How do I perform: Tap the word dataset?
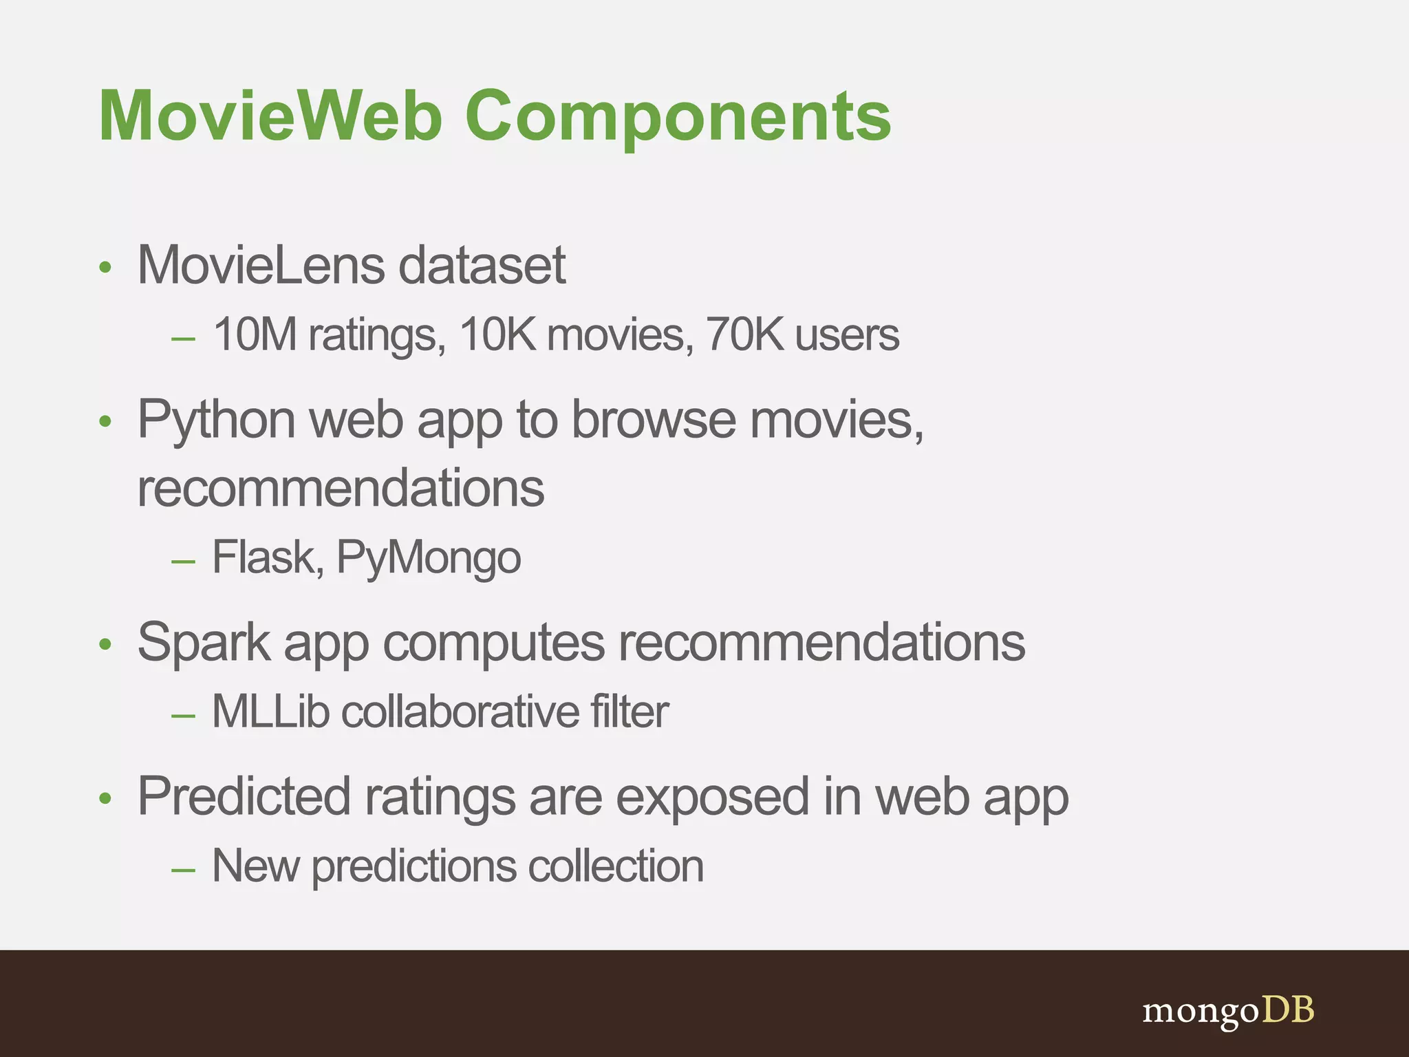pyautogui.click(x=482, y=265)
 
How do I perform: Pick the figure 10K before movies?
pyautogui.click(x=497, y=335)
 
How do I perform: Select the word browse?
pyautogui.click(x=654, y=420)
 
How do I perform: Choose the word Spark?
pyautogui.click(x=204, y=643)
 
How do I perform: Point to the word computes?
pyautogui.click(x=494, y=643)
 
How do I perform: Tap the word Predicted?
pyautogui.click(x=244, y=797)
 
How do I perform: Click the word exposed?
pyautogui.click(x=712, y=797)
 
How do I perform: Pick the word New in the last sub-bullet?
pyautogui.click(x=255, y=866)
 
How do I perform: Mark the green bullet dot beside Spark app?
pyautogui.click(x=105, y=645)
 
